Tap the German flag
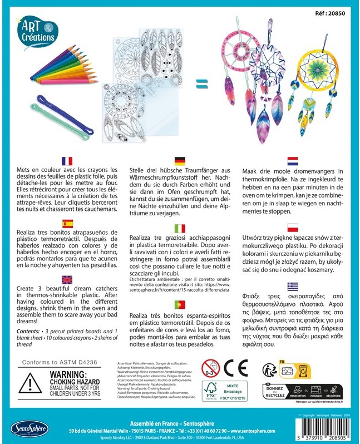[180, 160]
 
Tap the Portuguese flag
[180, 304]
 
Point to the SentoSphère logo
[29, 429]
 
